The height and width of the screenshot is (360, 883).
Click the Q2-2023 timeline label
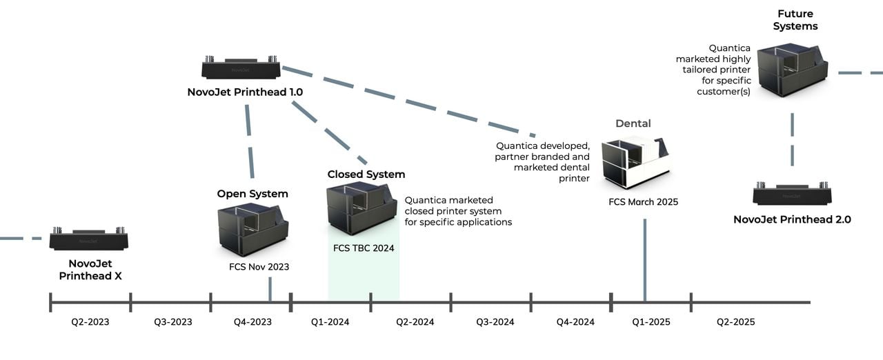pyautogui.click(x=90, y=322)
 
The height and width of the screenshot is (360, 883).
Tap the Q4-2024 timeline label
pyautogui.click(x=575, y=322)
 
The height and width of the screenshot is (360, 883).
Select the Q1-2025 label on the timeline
pyautogui.click(x=651, y=322)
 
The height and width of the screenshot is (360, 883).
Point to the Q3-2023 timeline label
pyautogui.click(x=172, y=322)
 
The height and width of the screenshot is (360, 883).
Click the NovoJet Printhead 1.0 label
pyautogui.click(x=245, y=92)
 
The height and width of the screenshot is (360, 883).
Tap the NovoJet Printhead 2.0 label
pyautogui.click(x=792, y=220)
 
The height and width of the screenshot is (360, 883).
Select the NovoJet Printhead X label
pyautogui.click(x=90, y=270)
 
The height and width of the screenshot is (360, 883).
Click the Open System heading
pyautogui.click(x=252, y=194)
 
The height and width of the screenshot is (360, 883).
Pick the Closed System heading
pyautogui.click(x=366, y=174)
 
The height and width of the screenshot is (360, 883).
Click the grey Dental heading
pyautogui.click(x=633, y=123)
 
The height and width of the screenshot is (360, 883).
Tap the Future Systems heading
pyautogui.click(x=795, y=20)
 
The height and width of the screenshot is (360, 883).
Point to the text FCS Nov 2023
pyautogui.click(x=259, y=267)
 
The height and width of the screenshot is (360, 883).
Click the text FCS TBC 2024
pyautogui.click(x=364, y=248)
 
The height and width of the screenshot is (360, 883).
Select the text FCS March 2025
pyautogui.click(x=643, y=202)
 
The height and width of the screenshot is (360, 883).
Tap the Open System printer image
pyautogui.click(x=253, y=229)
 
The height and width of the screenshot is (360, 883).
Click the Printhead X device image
pyautogui.click(x=89, y=239)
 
